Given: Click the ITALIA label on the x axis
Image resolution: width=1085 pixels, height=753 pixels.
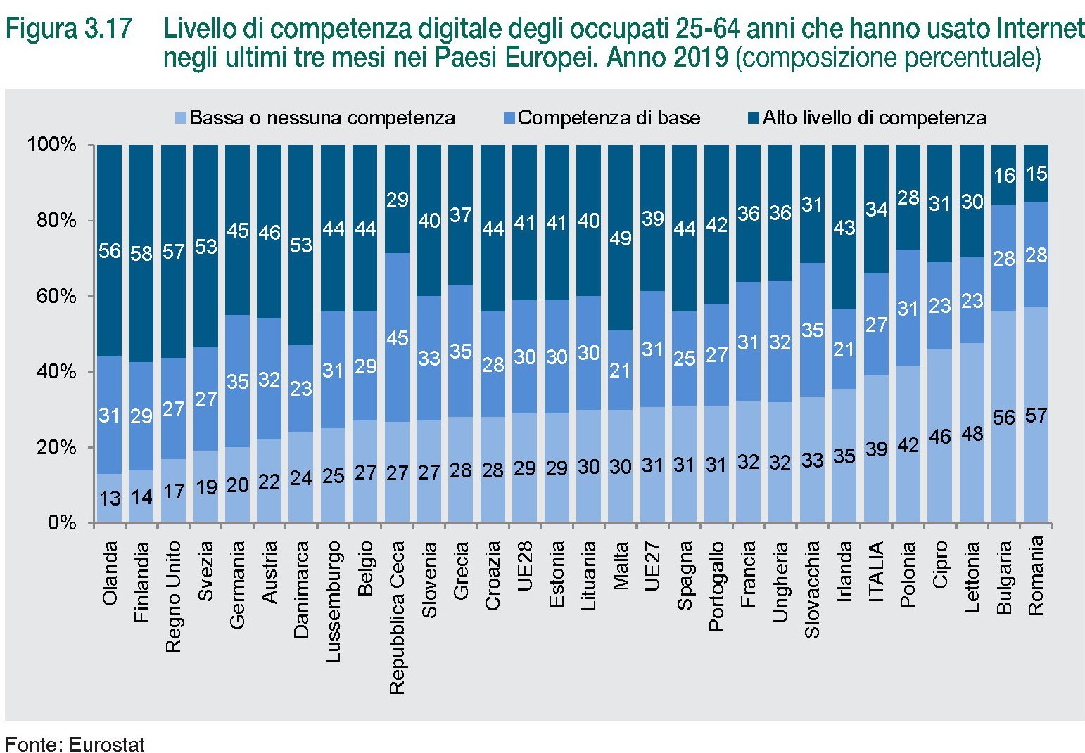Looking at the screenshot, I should [876, 572].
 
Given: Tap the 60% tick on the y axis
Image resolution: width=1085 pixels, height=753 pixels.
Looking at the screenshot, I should [56, 296].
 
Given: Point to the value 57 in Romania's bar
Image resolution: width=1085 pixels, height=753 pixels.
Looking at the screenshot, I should [1036, 416].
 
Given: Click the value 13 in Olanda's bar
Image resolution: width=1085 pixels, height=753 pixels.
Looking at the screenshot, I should [110, 498].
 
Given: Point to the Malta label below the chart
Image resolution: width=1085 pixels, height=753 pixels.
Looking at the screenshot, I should [621, 565].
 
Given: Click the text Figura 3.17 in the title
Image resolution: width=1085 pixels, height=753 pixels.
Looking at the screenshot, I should [68, 30].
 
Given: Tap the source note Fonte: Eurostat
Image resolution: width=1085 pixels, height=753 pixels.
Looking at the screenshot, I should [75, 744].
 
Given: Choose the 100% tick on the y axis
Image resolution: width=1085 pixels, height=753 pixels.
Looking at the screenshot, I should [51, 145].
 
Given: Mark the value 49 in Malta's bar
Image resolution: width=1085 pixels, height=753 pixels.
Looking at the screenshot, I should [621, 239].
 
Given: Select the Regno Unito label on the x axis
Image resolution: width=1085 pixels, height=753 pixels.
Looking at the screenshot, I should [173, 596].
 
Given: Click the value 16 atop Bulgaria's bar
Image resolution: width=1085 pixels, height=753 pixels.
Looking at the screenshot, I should [1004, 175].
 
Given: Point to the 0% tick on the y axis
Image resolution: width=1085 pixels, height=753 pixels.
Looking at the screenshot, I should [62, 523].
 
